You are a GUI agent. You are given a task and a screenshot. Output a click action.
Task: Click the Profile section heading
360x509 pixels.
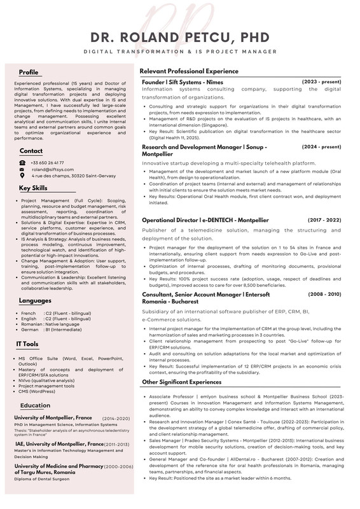point(29,72)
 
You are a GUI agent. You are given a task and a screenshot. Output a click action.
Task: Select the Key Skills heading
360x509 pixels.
point(33,188)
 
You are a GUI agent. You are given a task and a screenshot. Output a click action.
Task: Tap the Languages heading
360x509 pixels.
point(35,300)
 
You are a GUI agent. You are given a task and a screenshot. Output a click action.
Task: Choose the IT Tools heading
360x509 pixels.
point(27,344)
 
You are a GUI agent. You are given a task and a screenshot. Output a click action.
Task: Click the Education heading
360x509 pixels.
point(35,405)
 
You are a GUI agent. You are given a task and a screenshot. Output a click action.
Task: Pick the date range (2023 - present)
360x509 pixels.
point(321,82)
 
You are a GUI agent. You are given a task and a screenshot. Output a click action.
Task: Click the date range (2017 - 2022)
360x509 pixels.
point(324,220)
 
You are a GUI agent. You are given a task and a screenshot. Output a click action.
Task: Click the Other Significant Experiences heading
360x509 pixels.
point(181,382)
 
